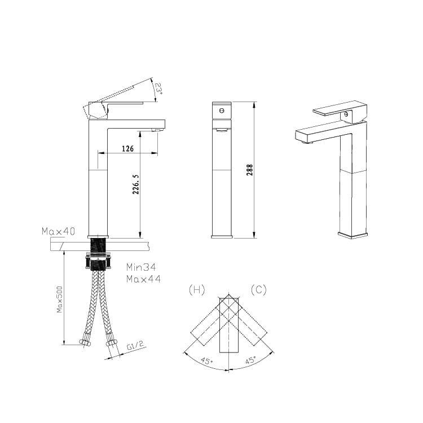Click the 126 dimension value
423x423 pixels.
point(127,148)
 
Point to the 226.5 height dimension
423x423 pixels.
point(136,184)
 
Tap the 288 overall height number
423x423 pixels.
point(249,170)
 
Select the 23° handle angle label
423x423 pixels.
point(158,89)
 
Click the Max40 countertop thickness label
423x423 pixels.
point(59,231)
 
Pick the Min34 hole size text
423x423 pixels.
point(141,267)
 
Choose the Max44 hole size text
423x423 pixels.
point(143,279)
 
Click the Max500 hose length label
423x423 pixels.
point(59,299)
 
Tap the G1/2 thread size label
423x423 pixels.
point(135,345)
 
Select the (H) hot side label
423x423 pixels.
point(197,290)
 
